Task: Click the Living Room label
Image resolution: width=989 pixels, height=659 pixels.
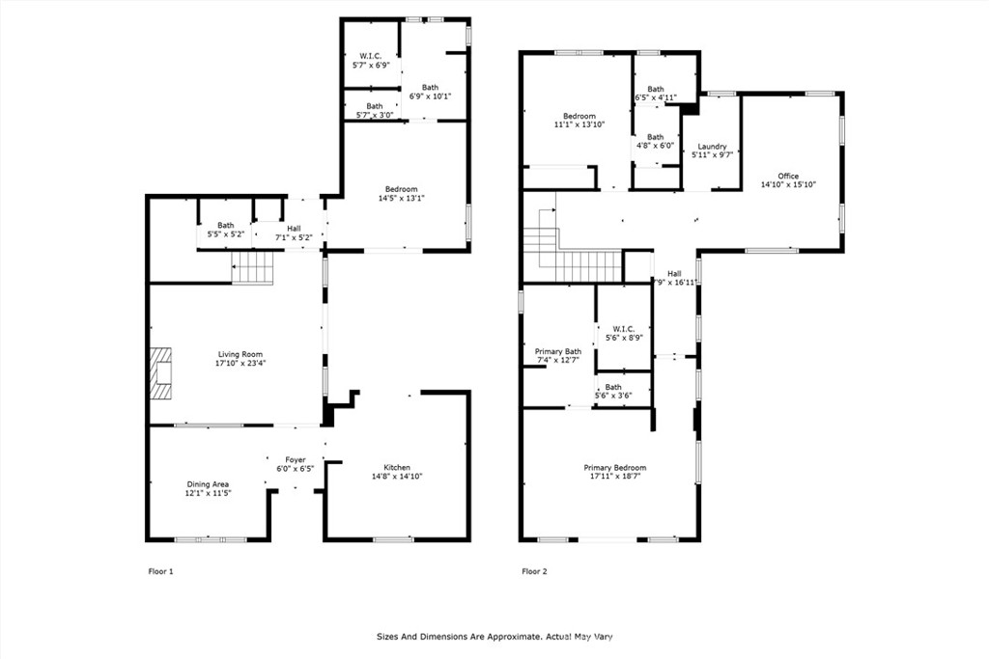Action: [240, 354]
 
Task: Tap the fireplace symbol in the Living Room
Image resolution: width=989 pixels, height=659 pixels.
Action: [161, 373]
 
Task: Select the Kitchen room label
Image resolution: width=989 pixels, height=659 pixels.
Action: [397, 467]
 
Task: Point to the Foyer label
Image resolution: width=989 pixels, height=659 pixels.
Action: [296, 460]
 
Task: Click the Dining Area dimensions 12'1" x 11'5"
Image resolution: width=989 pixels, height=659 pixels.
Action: [209, 493]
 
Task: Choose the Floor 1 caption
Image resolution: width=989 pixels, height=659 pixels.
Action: [161, 571]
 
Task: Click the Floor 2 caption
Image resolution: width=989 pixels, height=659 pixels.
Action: [535, 571]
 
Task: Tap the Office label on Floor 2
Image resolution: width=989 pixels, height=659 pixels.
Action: [788, 176]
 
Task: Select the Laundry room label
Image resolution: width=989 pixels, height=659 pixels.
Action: [712, 146]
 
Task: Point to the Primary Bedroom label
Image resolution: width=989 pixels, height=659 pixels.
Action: [615, 467]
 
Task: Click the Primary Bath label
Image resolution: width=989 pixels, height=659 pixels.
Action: [558, 351]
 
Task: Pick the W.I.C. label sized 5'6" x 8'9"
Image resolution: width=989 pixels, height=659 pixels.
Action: [623, 329]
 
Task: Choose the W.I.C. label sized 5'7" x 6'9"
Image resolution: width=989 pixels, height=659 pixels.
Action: [371, 56]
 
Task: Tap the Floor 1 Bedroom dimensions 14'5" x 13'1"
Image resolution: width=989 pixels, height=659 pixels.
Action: [402, 198]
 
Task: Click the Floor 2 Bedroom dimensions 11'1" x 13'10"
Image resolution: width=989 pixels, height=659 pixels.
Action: [579, 124]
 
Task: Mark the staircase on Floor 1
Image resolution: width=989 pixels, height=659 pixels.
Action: [252, 268]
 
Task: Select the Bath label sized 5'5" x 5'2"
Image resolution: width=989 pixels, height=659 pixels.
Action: [226, 225]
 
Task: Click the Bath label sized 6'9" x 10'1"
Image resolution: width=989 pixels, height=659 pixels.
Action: [430, 88]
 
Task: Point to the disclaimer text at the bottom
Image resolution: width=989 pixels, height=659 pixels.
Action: [494, 637]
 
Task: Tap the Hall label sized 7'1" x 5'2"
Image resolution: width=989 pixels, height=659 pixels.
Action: [294, 229]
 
